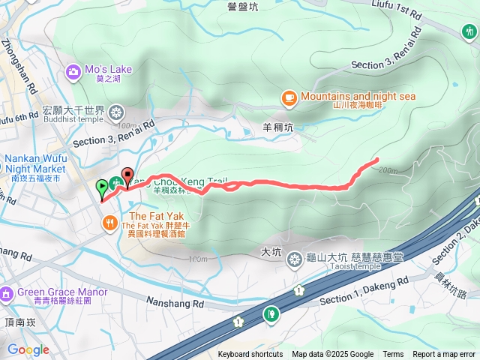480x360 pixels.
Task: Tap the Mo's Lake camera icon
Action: coord(73,71)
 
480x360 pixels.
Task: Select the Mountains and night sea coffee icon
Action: coord(289,97)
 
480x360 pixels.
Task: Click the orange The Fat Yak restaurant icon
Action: coord(109,222)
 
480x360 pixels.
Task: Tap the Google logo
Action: coord(28,349)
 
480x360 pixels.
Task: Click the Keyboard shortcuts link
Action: coord(250,354)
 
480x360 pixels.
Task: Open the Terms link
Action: coord(393,354)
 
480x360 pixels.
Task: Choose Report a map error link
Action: coord(444,354)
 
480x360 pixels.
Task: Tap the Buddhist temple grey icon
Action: coord(116,113)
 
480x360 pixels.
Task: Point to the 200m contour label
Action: coord(388,170)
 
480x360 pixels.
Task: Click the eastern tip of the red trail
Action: coord(376,159)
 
